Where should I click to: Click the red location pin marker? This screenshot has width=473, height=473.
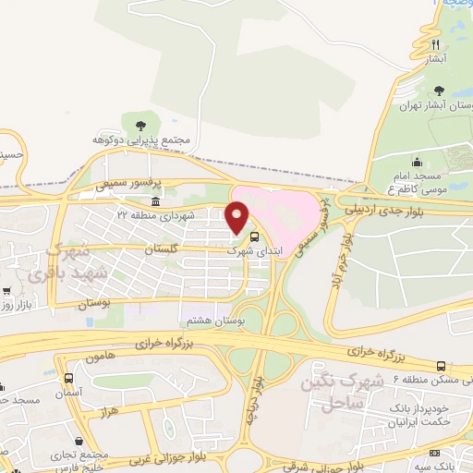237,216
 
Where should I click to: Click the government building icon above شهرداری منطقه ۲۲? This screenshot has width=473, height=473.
154,201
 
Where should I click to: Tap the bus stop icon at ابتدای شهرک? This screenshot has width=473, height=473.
255,236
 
